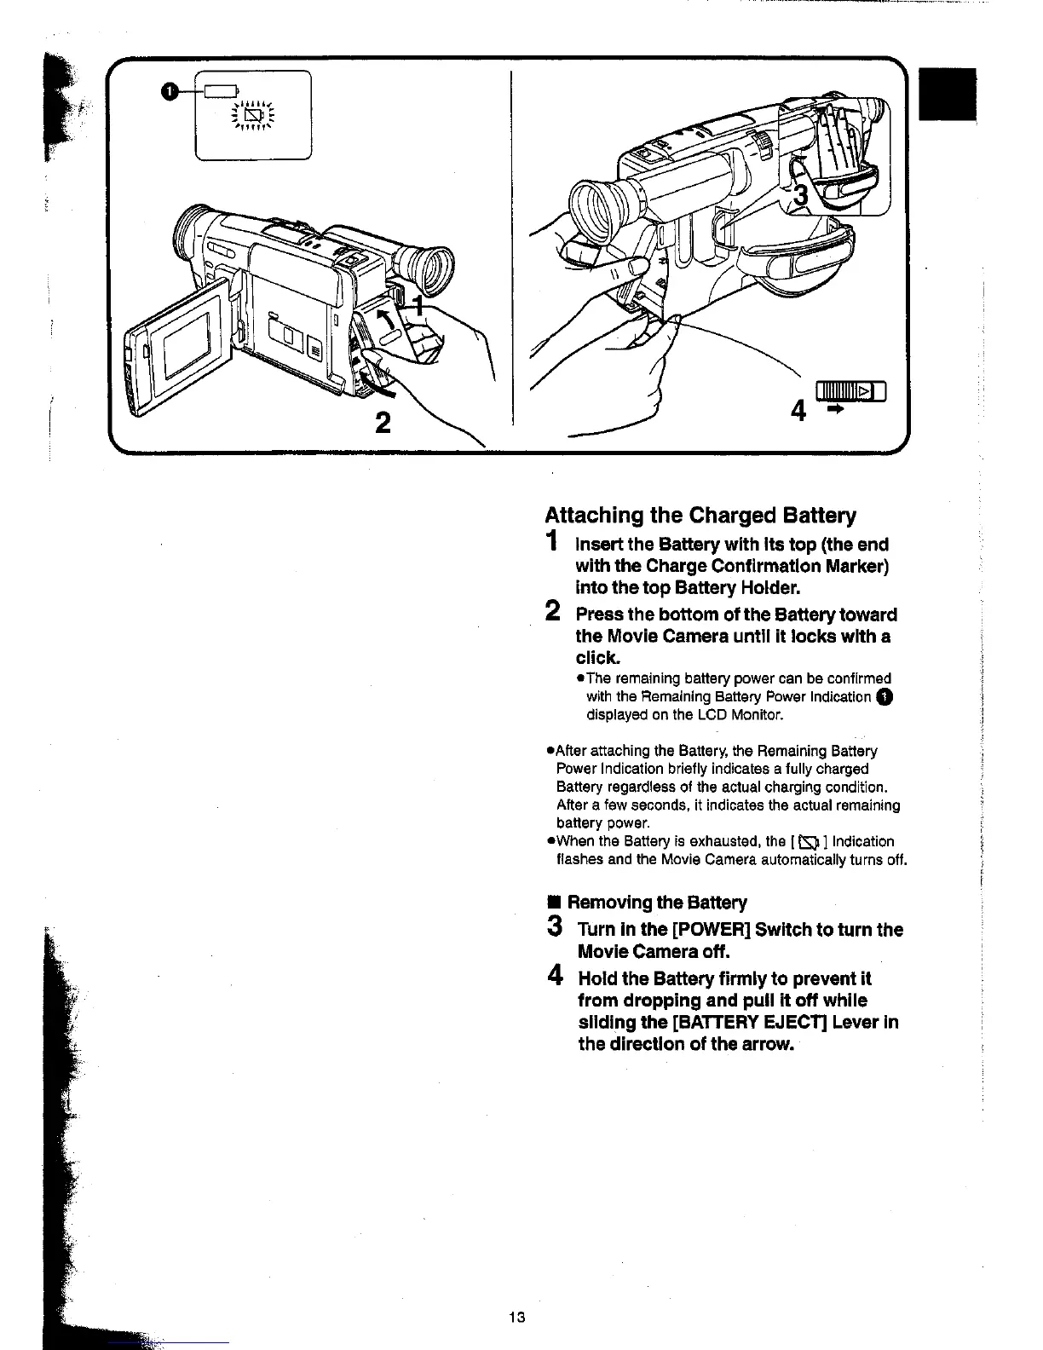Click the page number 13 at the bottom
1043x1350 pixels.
(516, 1317)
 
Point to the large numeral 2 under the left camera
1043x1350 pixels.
(383, 423)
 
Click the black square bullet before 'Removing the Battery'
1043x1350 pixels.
(553, 903)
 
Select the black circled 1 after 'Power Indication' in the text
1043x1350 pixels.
(885, 697)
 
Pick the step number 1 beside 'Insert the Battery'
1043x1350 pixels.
(554, 542)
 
